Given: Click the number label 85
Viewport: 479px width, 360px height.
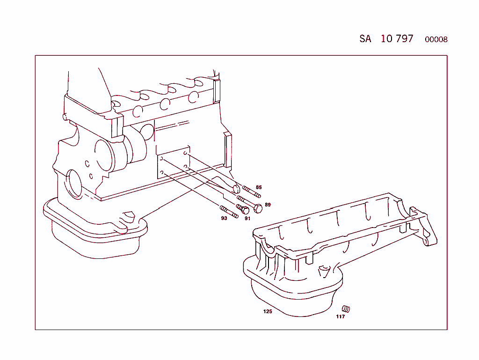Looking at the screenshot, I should click(x=259, y=187).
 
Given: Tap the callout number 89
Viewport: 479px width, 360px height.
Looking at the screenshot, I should click(x=268, y=205).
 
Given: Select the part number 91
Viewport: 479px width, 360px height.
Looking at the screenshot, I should click(x=247, y=218).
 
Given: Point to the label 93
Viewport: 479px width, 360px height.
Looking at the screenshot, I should click(x=224, y=218).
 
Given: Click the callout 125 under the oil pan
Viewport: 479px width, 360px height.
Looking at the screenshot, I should click(x=267, y=311).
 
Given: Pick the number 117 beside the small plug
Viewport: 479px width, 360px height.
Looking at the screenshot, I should click(x=340, y=317).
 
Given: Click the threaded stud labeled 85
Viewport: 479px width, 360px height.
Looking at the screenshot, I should click(x=251, y=191).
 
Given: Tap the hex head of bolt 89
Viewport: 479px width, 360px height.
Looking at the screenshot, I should click(x=257, y=208).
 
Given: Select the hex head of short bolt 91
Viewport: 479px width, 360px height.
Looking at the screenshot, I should click(x=245, y=210).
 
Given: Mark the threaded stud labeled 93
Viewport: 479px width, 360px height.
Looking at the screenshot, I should click(x=229, y=212).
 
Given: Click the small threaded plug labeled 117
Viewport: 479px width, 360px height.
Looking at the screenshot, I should click(x=346, y=309).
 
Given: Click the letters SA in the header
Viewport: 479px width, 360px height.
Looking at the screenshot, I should click(x=365, y=39).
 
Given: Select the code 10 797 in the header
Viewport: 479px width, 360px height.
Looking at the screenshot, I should click(x=397, y=38).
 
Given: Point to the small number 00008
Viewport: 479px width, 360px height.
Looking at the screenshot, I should click(x=436, y=40).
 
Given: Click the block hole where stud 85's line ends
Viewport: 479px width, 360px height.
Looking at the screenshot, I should click(x=185, y=154).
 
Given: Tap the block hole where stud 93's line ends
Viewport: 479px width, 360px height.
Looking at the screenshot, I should click(x=162, y=173).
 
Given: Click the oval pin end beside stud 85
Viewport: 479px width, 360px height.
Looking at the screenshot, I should click(x=236, y=189).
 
